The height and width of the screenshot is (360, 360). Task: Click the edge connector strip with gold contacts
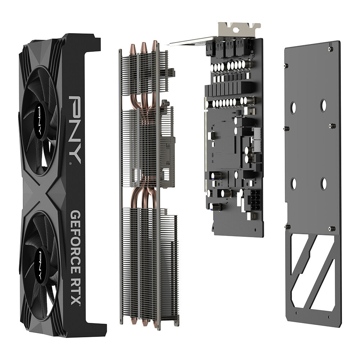click(206, 144)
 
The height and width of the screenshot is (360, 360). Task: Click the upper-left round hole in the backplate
click(293, 107)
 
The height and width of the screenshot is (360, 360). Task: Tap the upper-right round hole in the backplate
click(323, 105)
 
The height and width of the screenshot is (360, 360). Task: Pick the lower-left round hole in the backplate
click(293, 184)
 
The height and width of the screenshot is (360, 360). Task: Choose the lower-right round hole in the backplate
click(323, 184)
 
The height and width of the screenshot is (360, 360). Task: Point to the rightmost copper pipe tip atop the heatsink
click(154, 44)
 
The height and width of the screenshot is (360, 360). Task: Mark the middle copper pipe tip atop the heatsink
click(144, 46)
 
